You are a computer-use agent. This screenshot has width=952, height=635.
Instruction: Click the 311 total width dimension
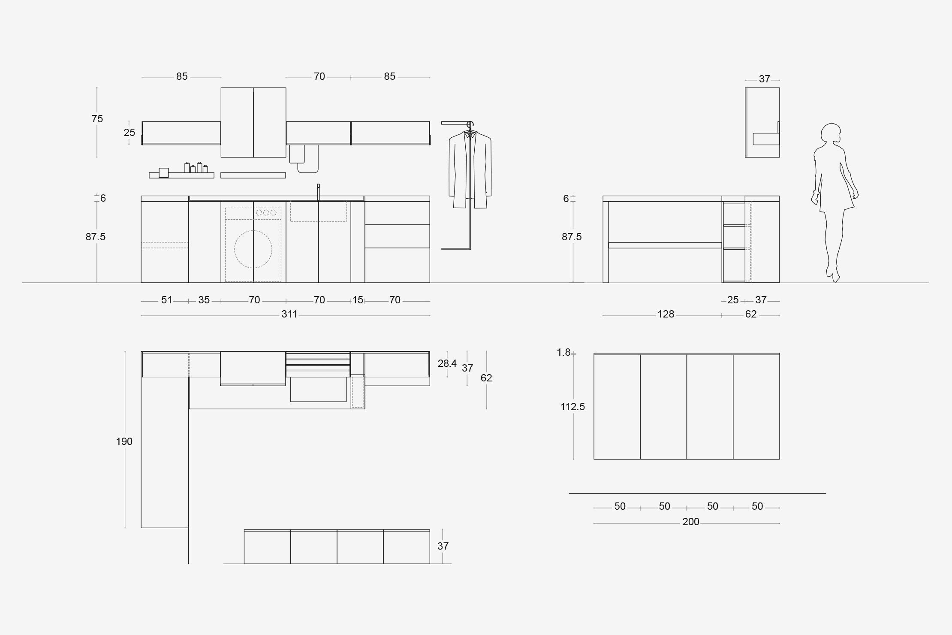(x=289, y=314)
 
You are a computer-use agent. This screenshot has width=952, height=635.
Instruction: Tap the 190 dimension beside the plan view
(x=124, y=441)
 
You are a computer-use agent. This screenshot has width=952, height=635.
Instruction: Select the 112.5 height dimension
(x=572, y=407)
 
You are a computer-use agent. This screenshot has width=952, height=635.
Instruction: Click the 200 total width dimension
(x=691, y=522)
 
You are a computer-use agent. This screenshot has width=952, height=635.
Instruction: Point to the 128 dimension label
(x=666, y=314)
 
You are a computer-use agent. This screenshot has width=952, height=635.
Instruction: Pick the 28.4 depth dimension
(x=447, y=363)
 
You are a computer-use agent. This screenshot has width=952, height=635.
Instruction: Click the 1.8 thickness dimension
(x=563, y=352)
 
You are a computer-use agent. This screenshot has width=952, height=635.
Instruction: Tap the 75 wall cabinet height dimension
(x=97, y=119)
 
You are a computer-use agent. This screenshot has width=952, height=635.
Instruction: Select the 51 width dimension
(x=167, y=300)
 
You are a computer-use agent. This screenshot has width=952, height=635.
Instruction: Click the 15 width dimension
(x=358, y=300)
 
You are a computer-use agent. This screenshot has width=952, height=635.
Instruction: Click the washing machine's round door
(x=253, y=249)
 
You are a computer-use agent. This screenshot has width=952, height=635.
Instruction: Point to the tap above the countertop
(x=318, y=192)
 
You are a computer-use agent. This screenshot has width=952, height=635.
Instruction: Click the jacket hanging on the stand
(x=470, y=169)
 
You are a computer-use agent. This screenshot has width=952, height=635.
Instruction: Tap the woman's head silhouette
(x=831, y=134)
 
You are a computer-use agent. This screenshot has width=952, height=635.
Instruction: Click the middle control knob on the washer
(x=266, y=212)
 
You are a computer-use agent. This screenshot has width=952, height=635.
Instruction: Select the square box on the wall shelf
(x=164, y=172)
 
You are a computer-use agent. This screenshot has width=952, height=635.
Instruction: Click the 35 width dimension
(x=204, y=300)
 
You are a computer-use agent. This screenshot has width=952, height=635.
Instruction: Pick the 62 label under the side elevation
(x=751, y=314)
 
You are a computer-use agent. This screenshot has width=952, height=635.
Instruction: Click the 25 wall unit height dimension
(x=129, y=133)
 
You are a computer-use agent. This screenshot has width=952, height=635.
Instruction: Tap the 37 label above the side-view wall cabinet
(x=765, y=79)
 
